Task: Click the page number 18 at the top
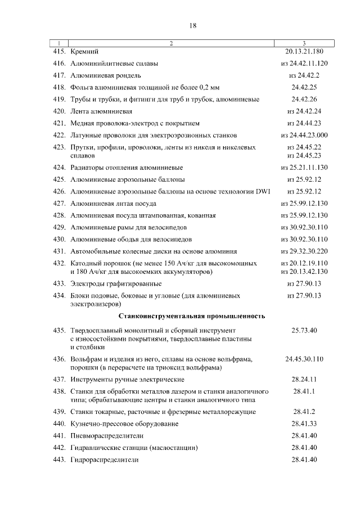[x=192, y=25]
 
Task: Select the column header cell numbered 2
[x=171, y=43]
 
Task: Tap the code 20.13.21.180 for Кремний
[x=304, y=52]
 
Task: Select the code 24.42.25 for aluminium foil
[x=304, y=87]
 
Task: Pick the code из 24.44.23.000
[x=304, y=135]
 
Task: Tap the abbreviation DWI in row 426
[x=263, y=191]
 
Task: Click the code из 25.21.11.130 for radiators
[x=304, y=168]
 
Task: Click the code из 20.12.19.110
[x=304, y=263]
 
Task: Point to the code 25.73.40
[x=304, y=330]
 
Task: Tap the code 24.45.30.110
[x=304, y=358]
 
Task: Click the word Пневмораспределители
[x=107, y=436]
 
